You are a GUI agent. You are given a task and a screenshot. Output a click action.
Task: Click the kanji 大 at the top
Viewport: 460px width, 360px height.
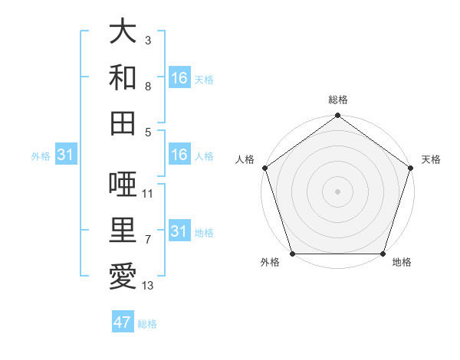tap(123, 32)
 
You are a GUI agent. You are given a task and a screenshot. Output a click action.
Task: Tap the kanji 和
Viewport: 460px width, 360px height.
tap(123, 77)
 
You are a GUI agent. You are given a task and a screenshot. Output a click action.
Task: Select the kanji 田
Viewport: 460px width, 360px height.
tap(123, 122)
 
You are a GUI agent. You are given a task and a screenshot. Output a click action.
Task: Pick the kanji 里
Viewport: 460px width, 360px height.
tap(123, 229)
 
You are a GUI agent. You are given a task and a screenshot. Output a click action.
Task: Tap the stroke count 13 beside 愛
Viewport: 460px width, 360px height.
tap(148, 286)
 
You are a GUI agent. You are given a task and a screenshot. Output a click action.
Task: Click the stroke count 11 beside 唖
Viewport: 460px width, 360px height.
tap(148, 194)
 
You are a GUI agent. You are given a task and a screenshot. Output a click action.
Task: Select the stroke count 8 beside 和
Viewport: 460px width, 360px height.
tap(148, 87)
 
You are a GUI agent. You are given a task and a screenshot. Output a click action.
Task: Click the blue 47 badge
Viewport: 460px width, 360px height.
tap(123, 322)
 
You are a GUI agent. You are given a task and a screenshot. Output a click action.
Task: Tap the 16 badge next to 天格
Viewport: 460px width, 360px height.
tap(179, 78)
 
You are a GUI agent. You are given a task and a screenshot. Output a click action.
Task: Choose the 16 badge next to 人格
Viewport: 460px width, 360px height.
tap(179, 155)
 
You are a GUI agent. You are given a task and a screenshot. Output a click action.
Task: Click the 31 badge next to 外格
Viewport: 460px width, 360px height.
tap(66, 155)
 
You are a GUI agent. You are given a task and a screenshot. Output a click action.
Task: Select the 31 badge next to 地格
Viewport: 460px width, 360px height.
tap(179, 231)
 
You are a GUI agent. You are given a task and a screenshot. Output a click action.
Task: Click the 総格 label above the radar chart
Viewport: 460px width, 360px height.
tap(338, 100)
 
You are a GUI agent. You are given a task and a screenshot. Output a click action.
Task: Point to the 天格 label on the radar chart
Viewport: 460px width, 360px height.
tap(431, 159)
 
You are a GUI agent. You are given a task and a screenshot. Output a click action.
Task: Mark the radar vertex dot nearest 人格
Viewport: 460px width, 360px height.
tap(265, 168)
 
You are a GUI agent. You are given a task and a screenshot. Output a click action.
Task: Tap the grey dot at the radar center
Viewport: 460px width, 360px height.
tap(337, 191)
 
